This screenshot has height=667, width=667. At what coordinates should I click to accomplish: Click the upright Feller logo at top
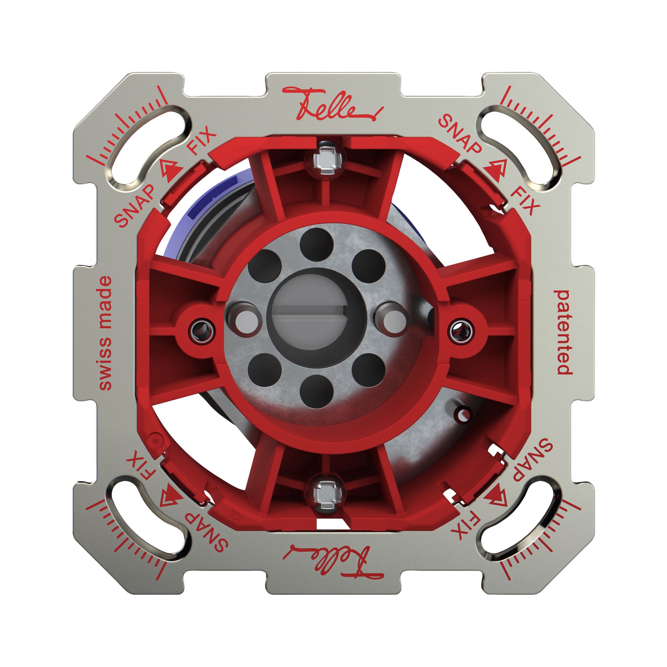(332, 104)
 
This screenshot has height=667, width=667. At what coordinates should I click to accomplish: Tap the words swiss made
(105, 333)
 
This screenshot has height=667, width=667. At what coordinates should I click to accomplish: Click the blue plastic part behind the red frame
(193, 221)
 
